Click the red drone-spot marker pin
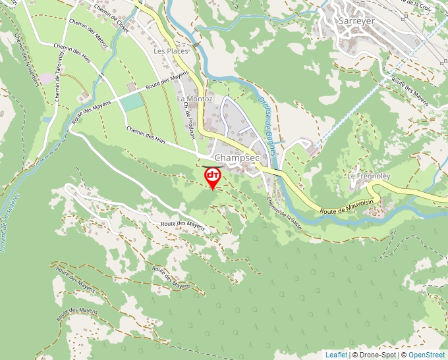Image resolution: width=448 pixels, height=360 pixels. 213,177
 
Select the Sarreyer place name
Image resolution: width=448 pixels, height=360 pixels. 356,20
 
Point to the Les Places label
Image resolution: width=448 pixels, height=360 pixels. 171,51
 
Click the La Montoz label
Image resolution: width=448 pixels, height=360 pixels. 194,98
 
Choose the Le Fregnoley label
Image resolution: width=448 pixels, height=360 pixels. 370,177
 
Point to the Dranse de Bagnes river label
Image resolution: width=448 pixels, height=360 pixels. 269,118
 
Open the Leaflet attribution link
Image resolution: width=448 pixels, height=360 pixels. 336,355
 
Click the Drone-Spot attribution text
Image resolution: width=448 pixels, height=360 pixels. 377,355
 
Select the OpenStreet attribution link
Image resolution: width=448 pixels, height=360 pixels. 426,355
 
